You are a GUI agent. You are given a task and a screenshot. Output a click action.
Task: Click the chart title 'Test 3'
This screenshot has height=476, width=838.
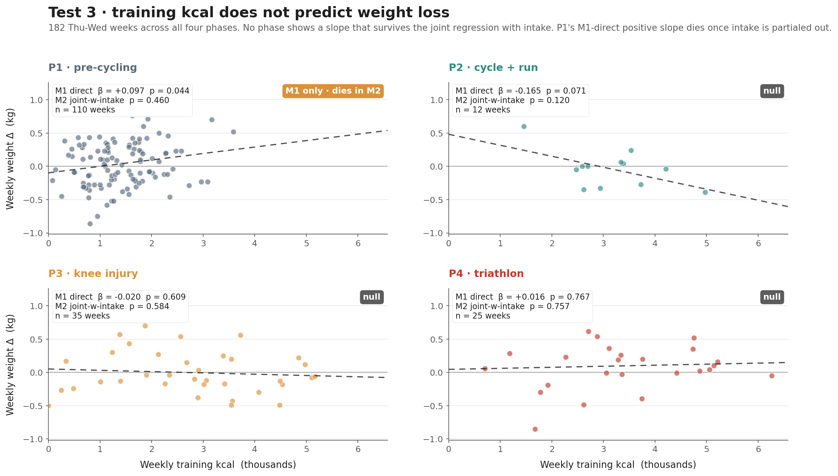point(248,13)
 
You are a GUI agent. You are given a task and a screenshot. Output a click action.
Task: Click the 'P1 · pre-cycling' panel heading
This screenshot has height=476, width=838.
point(93,68)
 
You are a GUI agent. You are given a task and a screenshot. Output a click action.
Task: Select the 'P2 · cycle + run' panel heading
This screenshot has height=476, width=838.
point(493,68)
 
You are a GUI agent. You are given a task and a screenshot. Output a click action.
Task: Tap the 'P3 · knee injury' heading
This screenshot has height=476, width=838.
point(93,274)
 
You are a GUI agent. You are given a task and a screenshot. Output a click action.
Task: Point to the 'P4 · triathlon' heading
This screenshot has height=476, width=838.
point(486,274)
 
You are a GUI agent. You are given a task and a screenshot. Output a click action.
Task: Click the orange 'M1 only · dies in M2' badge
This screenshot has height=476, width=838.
point(333,91)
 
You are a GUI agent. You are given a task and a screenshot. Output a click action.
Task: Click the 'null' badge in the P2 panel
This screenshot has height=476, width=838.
point(772,91)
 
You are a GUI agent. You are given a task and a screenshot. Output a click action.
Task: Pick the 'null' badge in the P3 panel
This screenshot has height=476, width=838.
point(371,297)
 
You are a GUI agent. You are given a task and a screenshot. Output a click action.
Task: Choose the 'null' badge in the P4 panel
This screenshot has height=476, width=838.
point(772,297)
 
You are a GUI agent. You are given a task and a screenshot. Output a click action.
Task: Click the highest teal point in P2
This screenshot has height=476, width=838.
point(524,126)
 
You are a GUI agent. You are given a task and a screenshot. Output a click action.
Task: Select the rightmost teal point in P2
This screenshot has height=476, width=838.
point(705,192)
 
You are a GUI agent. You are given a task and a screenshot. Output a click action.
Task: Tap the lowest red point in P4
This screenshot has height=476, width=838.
point(535,429)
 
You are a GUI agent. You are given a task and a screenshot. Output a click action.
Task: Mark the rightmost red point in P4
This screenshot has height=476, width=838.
point(772,376)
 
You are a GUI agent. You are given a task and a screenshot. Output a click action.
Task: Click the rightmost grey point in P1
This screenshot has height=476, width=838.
point(233,132)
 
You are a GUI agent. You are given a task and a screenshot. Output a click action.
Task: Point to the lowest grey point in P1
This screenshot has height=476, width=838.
point(90,224)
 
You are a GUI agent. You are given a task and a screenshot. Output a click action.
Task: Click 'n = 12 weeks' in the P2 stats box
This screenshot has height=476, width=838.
point(483,110)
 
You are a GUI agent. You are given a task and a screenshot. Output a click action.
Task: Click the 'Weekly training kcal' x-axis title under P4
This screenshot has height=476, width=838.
point(618,465)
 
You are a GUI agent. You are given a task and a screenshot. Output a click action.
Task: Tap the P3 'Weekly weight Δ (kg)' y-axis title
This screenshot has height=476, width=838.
point(10,365)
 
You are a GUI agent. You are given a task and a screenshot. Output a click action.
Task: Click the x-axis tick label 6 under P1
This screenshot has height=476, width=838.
point(358,244)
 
